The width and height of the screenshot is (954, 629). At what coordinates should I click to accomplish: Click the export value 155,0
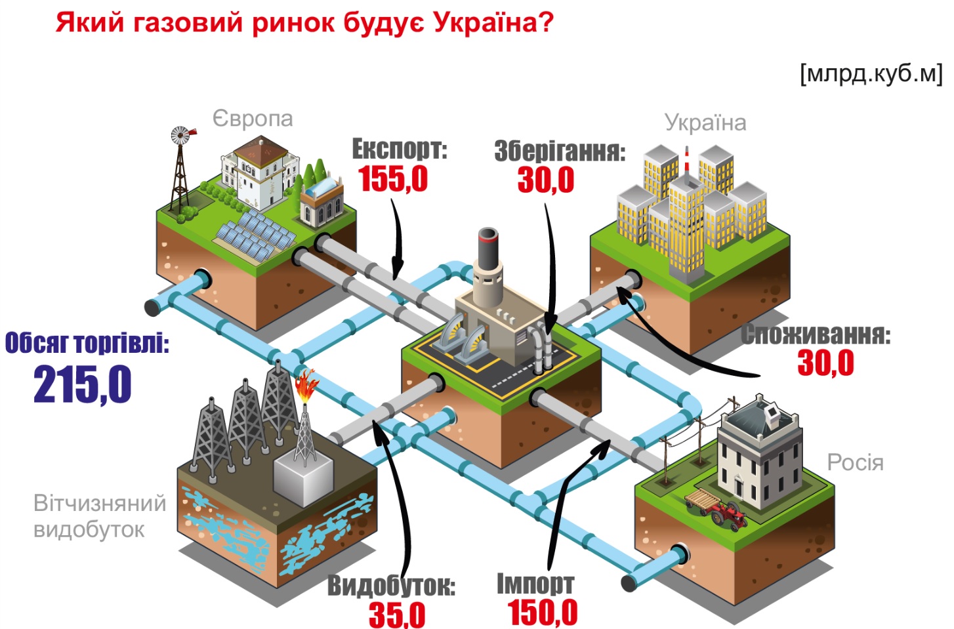point(393,178)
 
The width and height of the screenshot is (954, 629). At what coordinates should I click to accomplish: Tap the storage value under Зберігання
point(545,180)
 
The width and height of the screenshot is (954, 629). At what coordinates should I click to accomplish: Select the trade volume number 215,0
point(83,384)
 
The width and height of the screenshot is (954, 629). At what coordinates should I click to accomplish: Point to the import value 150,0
point(543,613)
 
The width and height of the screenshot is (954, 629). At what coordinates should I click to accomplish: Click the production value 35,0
point(397,615)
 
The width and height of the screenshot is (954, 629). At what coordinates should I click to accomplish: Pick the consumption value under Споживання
point(825,363)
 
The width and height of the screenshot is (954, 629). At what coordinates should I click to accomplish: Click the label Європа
point(253,119)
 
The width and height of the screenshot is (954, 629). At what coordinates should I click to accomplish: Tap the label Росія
point(855,462)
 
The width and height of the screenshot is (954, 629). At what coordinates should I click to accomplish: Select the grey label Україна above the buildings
point(705,123)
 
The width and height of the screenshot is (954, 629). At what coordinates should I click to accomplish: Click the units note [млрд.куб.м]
point(871,73)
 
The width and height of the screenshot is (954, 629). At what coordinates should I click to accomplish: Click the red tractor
point(728,514)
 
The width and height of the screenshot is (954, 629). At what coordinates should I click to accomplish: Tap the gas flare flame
point(306,386)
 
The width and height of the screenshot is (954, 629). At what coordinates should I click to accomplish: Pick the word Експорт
point(399,149)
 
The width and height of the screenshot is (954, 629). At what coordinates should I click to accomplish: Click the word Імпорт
point(535,583)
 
